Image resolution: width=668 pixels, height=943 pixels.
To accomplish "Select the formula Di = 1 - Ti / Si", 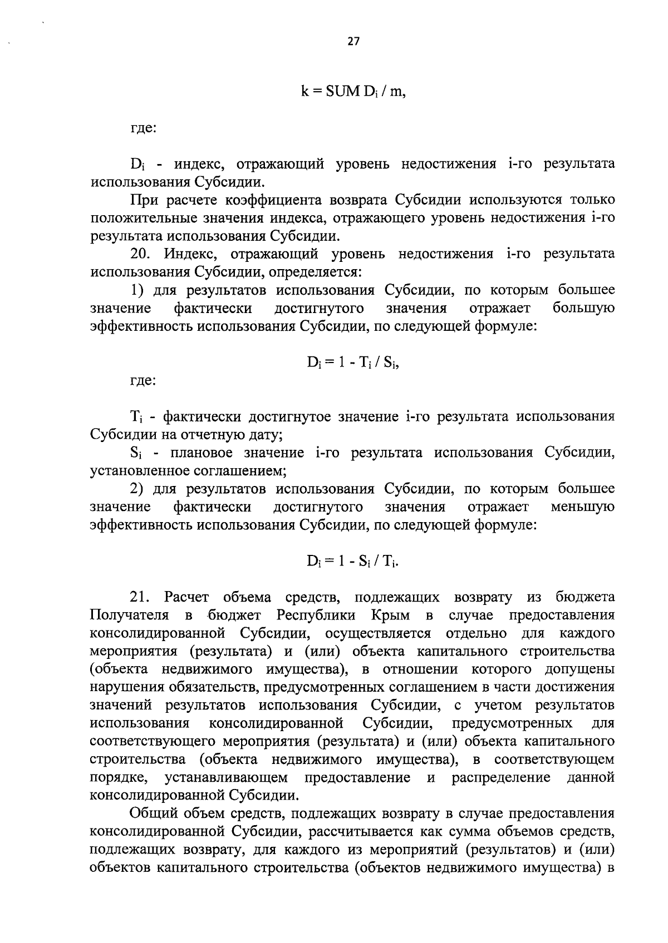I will point(353,363).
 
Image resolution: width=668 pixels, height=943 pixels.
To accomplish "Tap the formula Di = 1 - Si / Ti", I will point(353,562).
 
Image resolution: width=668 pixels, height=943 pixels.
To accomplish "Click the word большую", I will point(584,308).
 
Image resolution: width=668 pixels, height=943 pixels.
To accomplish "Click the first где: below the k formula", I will point(143,128).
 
